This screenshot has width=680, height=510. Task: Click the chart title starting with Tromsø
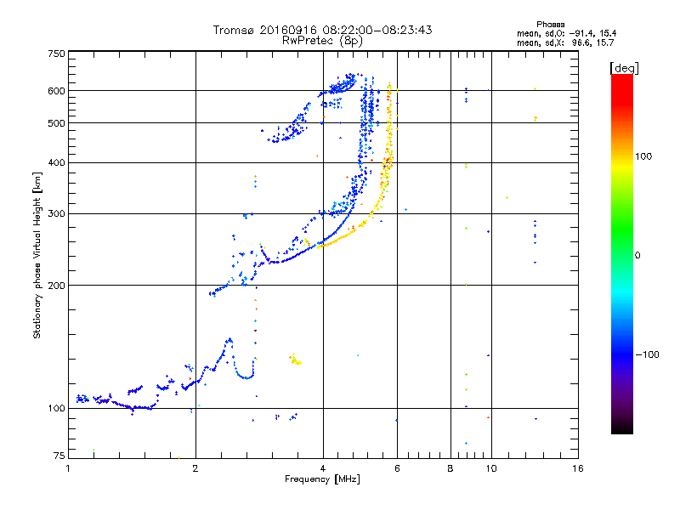pos(322,30)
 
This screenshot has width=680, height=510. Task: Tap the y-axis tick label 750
pos(56,54)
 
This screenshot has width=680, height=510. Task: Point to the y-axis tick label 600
pos(56,91)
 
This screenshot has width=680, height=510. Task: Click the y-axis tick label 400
pos(56,162)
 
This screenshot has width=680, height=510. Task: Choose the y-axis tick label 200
pos(56,285)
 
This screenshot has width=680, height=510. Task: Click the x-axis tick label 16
pos(577,468)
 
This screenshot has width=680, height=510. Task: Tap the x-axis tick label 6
pos(397,468)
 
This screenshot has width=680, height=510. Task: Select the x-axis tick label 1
pos(69,468)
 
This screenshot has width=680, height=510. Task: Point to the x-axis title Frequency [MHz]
pos(322,479)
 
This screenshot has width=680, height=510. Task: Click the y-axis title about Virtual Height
pos(37,255)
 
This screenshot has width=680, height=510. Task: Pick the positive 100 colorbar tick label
pos(646,156)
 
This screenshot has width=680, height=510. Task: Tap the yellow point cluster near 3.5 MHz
pos(296,360)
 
